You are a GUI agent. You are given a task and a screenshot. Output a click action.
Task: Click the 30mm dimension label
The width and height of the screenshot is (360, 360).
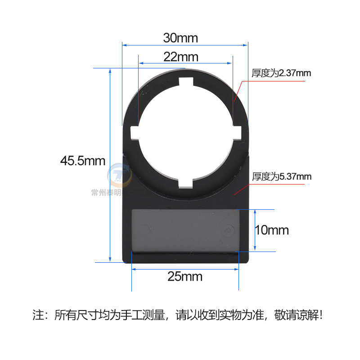(x=180, y=38)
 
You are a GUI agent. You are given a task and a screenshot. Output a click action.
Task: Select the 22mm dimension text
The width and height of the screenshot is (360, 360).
(x=180, y=57)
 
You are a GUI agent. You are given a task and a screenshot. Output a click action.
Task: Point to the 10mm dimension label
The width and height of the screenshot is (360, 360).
(x=271, y=230)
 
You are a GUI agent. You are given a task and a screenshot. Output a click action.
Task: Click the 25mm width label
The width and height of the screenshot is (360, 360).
(x=184, y=276)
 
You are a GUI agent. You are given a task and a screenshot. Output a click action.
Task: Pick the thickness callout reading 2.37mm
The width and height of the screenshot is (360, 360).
(x=281, y=73)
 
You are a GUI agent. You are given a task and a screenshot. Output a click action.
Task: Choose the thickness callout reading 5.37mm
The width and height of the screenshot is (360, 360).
(x=282, y=176)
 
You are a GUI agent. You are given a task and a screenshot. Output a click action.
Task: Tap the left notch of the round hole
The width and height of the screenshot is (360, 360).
(x=135, y=132)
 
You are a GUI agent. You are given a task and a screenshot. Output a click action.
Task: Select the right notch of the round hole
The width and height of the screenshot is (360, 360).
(x=237, y=132)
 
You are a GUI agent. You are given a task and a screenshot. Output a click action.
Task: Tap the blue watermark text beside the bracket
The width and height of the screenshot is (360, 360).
(x=106, y=193)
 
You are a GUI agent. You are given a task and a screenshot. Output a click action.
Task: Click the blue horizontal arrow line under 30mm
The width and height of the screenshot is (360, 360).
(x=184, y=45)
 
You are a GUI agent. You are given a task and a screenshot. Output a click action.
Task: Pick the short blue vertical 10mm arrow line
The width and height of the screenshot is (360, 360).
(x=255, y=230)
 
